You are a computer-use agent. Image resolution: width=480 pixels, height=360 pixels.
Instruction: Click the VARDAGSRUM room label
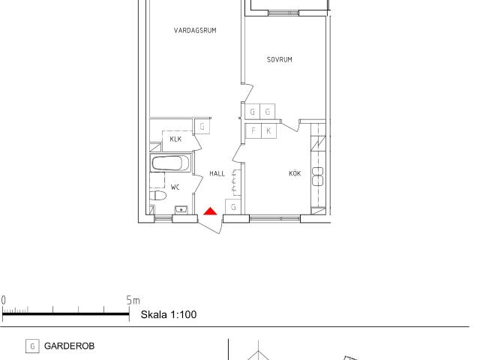(195, 30)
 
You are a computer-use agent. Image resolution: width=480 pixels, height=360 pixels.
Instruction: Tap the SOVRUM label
(280, 60)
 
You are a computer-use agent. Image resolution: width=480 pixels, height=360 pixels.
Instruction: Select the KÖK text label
(295, 173)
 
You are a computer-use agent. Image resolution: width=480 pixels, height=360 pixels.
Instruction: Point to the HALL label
(217, 173)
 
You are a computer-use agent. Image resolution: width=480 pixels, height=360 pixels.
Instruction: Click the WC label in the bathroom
(175, 187)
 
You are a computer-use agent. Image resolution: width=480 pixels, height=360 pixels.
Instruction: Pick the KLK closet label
(175, 139)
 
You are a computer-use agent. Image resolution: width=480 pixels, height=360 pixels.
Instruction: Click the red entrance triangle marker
(210, 211)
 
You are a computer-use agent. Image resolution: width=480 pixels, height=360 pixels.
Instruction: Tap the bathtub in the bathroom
(171, 163)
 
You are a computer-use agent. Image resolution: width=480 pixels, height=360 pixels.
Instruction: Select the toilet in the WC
(158, 195)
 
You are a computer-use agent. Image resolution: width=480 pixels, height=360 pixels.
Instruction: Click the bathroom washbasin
(181, 210)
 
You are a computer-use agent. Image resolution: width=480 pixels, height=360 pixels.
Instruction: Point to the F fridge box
(253, 131)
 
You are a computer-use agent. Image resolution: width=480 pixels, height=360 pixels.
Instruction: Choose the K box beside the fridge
(268, 131)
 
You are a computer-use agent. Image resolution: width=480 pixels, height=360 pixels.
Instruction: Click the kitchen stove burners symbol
(318, 177)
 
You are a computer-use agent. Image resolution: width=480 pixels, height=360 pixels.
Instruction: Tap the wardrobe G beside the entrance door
(233, 207)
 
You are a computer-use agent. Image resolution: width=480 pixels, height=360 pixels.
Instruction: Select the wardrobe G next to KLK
(202, 126)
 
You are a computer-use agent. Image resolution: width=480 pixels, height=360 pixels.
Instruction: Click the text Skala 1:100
(169, 314)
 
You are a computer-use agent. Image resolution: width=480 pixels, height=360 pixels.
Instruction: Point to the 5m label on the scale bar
(133, 300)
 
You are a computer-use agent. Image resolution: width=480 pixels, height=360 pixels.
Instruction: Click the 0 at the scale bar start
(3, 300)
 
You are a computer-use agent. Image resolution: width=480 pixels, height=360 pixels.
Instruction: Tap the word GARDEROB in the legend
(69, 346)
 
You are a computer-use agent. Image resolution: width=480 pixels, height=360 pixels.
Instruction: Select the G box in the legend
(32, 346)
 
